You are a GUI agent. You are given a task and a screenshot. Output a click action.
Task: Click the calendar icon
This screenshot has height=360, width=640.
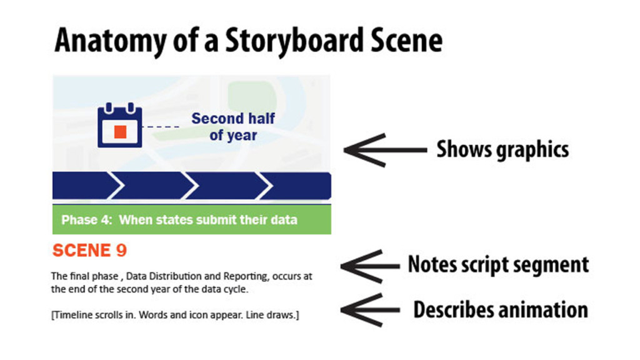tap(119, 125)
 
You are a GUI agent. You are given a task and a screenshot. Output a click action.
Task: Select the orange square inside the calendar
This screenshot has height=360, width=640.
tap(121, 131)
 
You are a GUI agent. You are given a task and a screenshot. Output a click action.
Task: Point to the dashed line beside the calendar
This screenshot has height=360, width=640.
tap(161, 127)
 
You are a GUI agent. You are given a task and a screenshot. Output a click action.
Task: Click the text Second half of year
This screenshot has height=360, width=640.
tap(233, 126)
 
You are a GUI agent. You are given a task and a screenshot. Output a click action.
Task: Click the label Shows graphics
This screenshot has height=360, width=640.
tap(502, 149)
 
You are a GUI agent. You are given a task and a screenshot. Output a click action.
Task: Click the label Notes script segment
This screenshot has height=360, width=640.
tap(498, 264)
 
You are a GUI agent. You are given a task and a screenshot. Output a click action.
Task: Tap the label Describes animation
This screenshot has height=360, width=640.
tap(501, 309)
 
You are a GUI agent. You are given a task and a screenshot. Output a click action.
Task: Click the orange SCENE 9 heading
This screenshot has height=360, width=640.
tap(89, 251)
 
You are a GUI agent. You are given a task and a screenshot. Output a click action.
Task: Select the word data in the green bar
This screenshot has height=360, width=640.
tap(285, 220)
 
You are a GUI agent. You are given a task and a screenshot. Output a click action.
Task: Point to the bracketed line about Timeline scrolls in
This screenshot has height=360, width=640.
tap(175, 316)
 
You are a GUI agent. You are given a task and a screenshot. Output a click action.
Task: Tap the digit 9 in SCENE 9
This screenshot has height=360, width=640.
tap(121, 251)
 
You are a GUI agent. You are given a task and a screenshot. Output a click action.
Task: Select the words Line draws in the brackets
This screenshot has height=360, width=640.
tap(274, 316)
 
